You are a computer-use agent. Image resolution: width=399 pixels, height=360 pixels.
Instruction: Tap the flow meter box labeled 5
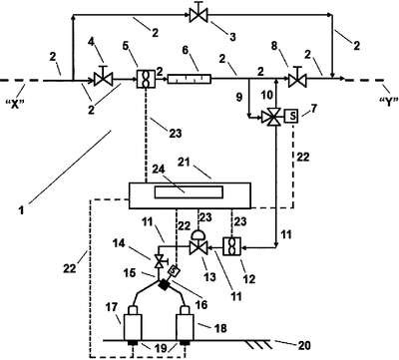146,79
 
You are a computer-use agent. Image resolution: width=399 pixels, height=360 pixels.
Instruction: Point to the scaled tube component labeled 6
189,79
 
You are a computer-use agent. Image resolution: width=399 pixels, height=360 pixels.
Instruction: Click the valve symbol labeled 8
297,78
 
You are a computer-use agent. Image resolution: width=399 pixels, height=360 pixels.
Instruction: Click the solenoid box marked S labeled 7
292,116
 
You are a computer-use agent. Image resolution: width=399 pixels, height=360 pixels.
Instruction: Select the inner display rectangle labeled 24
189,192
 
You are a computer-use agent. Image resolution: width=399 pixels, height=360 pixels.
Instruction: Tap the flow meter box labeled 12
231,246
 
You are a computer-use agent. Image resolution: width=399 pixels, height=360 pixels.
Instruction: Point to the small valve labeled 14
160,261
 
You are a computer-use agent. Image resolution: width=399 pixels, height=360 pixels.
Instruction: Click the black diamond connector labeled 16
165,284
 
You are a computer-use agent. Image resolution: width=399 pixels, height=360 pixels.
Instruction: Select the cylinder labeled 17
133,323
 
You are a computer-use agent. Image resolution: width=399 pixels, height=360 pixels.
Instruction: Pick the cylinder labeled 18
186,323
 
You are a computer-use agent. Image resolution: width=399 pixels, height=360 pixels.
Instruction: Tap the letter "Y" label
389,102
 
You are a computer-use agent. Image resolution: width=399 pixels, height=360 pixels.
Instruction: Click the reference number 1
22,210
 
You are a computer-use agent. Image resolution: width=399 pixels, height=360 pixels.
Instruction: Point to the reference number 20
303,345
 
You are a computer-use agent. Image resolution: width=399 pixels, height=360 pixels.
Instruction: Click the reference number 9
239,98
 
